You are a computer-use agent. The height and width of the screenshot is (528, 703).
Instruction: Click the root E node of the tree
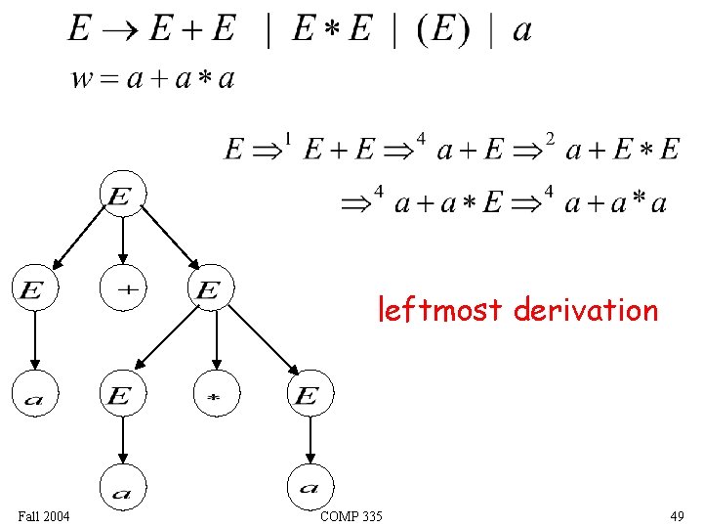click(121, 196)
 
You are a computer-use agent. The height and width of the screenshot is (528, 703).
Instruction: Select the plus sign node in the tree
click(126, 288)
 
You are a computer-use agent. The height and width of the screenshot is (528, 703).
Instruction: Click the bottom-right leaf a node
click(310, 488)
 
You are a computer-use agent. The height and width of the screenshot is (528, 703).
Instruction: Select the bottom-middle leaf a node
click(123, 488)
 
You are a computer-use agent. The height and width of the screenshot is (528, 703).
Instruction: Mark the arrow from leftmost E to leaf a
click(34, 341)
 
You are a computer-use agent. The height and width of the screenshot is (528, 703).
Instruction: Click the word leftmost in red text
click(442, 311)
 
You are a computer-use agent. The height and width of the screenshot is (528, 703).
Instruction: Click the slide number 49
click(677, 516)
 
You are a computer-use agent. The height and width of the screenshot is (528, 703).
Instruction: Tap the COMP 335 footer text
click(351, 516)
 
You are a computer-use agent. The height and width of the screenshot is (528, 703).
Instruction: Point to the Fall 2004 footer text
click(44, 516)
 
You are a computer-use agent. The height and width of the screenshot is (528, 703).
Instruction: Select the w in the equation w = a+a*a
click(82, 79)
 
